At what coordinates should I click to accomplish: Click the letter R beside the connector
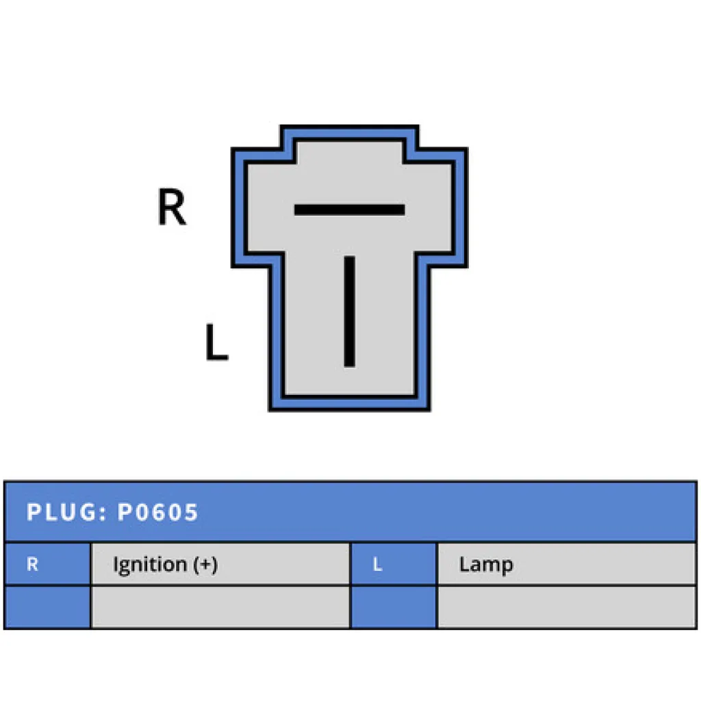pos(172,207)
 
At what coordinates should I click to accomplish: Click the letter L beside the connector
pos(217,342)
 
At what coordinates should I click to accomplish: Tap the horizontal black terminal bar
pos(350,209)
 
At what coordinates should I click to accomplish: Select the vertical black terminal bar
pos(350,311)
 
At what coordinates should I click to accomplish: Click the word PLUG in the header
pos(62,512)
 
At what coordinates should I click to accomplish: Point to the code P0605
pos(157,512)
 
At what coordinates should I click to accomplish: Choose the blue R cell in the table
pos(47,564)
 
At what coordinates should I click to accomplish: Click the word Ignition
pos(150,565)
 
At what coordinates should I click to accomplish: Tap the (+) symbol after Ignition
pos(205,565)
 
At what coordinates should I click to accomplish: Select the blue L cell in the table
pos(394,564)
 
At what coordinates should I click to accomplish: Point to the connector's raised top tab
pos(350,143)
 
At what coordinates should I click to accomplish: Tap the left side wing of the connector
pos(258,208)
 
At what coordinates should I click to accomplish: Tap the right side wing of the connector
pos(442,208)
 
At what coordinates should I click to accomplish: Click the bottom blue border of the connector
pos(350,403)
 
